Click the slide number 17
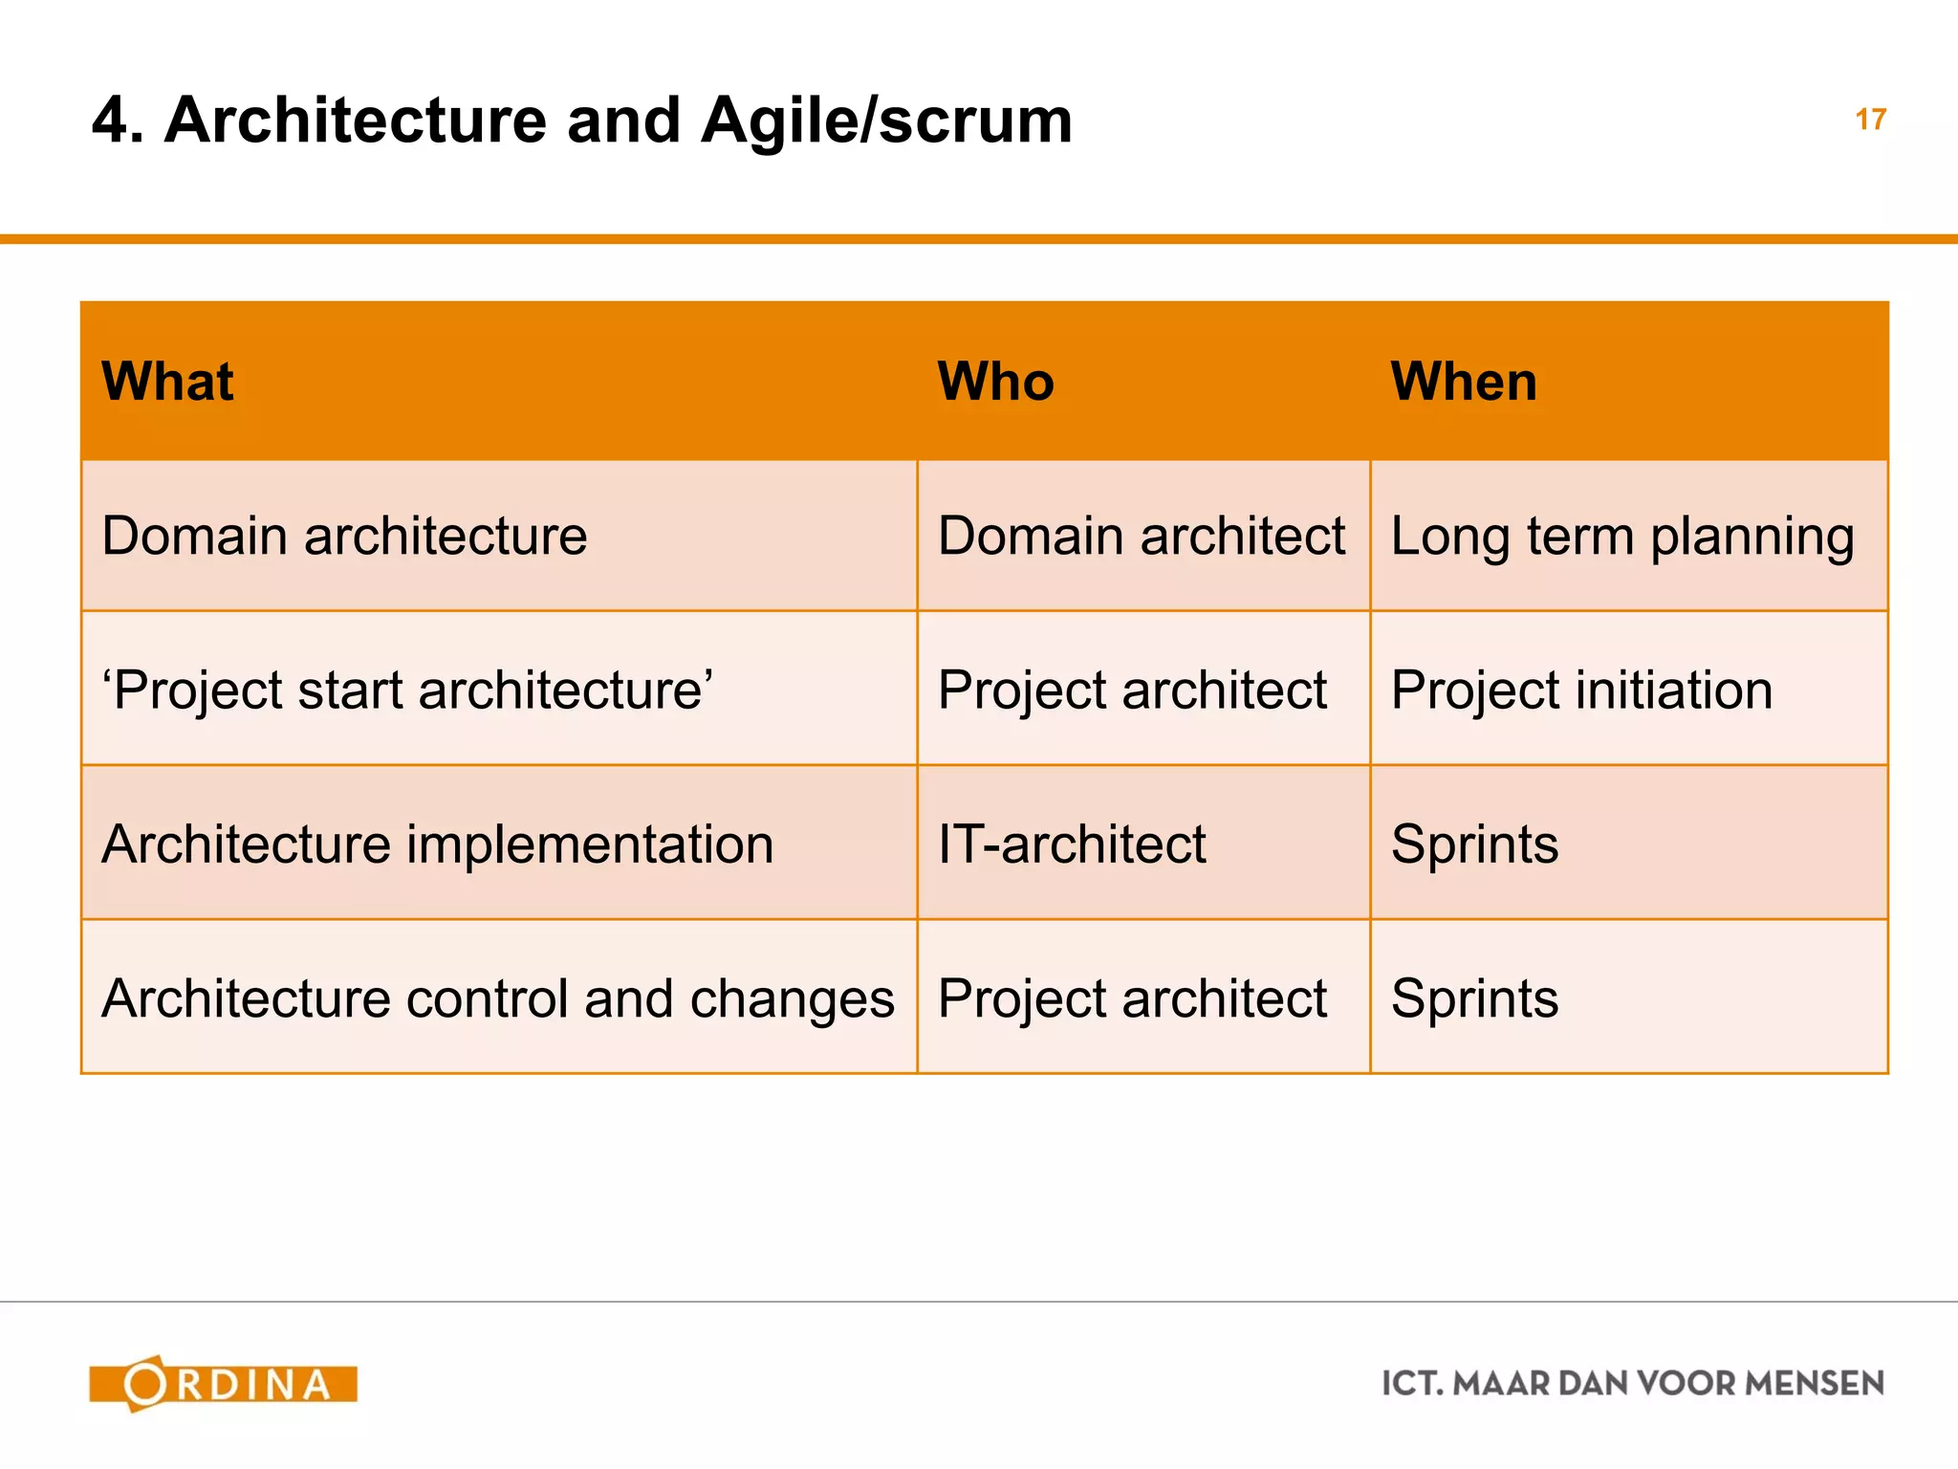pyautogui.click(x=1870, y=120)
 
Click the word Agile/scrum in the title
pyautogui.click(x=886, y=121)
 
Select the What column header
pyautogui.click(x=167, y=382)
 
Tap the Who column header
pyautogui.click(x=995, y=382)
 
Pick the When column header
pyautogui.click(x=1464, y=382)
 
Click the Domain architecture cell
pyautogui.click(x=344, y=536)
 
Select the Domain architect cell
pyautogui.click(x=1142, y=536)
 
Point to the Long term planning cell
pyautogui.click(x=1622, y=536)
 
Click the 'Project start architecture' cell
pyautogui.click(x=407, y=690)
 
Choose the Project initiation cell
pyautogui.click(x=1581, y=690)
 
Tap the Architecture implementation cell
pyautogui.click(x=437, y=844)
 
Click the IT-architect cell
pyautogui.click(x=1072, y=844)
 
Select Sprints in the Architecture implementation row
pyautogui.click(x=1474, y=844)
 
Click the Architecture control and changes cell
pyautogui.click(x=497, y=998)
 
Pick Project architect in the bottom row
pyautogui.click(x=1132, y=998)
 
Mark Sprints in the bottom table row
pyautogui.click(x=1474, y=998)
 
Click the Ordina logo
pyautogui.click(x=224, y=1384)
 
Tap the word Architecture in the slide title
pyautogui.click(x=355, y=121)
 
